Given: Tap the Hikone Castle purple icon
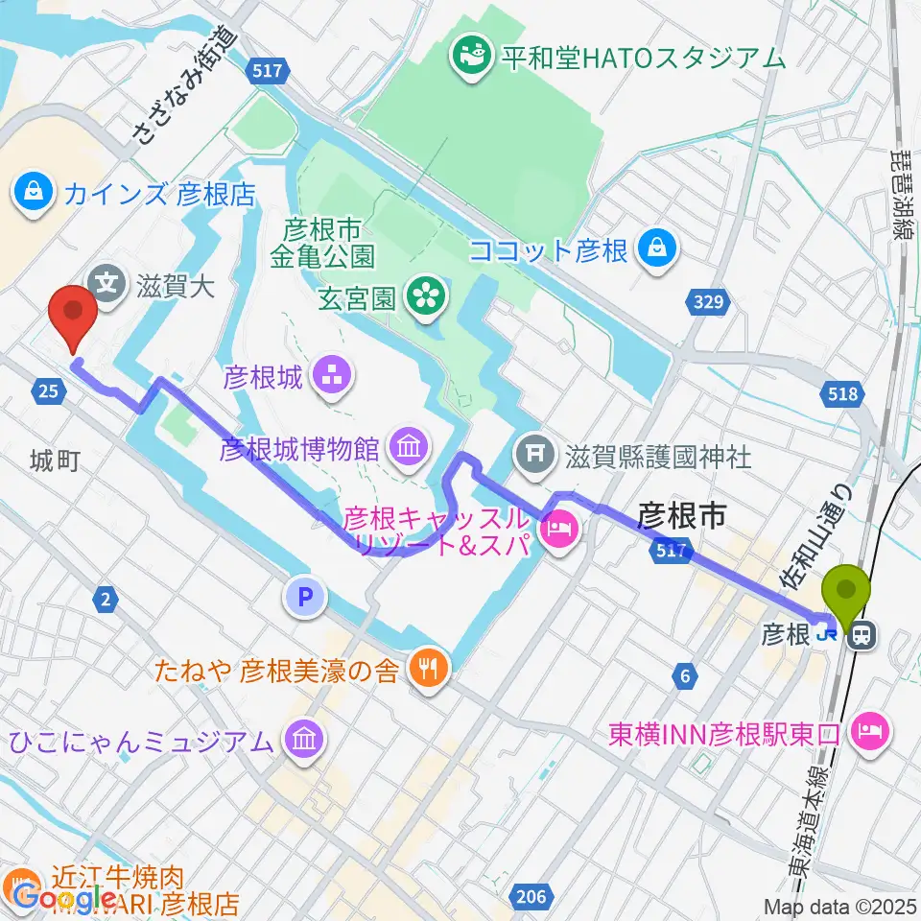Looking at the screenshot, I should tap(336, 376).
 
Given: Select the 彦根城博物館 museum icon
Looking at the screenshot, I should tap(411, 446).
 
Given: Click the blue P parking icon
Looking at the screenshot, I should tap(305, 599).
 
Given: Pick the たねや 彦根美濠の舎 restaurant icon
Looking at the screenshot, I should tap(428, 669).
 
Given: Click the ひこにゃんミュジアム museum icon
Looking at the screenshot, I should tap(306, 740).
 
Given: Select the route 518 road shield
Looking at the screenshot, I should tap(840, 392).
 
